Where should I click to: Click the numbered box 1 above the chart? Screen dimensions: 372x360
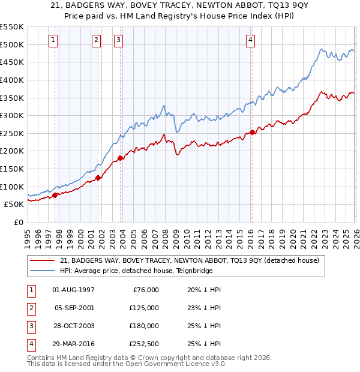(x=53, y=40)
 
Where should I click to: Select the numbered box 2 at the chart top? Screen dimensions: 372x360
(x=96, y=40)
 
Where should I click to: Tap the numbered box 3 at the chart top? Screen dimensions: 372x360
(x=118, y=40)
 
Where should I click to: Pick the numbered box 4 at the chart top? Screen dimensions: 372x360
(x=250, y=40)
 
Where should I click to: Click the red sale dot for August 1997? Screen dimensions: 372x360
(x=55, y=194)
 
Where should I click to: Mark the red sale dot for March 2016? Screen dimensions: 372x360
(x=252, y=133)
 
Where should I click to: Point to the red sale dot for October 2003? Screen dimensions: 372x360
(x=121, y=158)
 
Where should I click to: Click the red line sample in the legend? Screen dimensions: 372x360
(x=43, y=260)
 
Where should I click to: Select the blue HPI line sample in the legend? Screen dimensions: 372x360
(x=43, y=271)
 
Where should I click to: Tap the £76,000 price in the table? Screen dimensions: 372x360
(x=145, y=290)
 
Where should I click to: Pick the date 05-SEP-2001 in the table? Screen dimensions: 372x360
(x=74, y=308)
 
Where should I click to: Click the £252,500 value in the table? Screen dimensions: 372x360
(x=143, y=344)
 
